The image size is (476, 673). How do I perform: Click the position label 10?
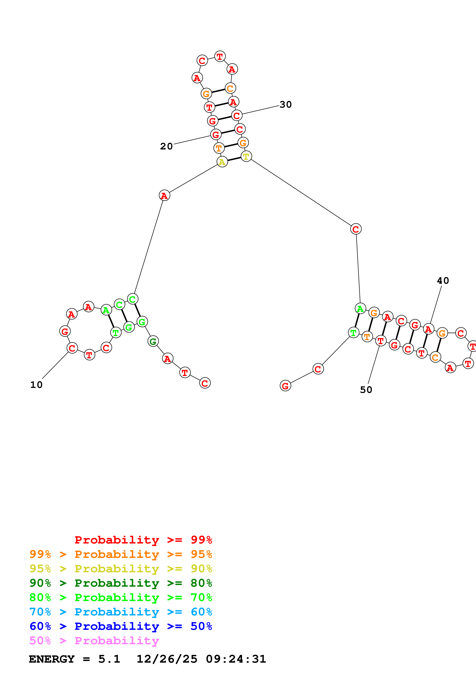point(36,385)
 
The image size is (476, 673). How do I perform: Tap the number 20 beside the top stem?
point(166,146)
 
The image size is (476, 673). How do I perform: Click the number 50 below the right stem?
point(366,390)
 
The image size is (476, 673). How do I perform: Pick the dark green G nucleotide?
point(153,341)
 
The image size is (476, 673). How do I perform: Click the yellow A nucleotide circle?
point(222,162)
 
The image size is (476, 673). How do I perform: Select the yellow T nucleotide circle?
point(246,157)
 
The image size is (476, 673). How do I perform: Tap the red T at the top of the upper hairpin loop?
point(220,56)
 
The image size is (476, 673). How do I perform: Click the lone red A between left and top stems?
point(164,195)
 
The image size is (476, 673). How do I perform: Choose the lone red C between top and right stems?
point(356,229)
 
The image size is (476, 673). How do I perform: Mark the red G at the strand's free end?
point(285,386)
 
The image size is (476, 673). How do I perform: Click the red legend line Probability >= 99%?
point(143,540)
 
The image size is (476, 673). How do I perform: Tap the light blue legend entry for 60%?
point(121,612)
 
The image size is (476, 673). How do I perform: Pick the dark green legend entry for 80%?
point(121,583)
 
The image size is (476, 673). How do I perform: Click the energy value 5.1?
point(109,659)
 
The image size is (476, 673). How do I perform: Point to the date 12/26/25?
point(167,659)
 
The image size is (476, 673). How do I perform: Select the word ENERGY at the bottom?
point(52,659)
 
